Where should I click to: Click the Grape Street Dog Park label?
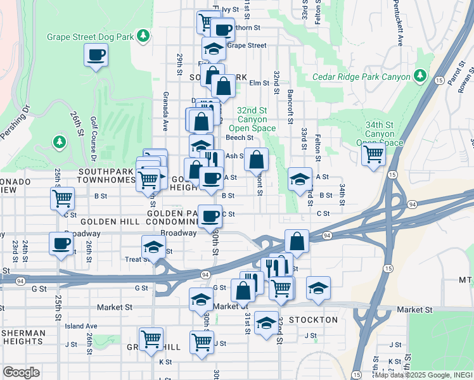91,37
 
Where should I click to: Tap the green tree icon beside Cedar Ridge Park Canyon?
420,77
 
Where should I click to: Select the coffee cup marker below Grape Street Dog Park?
96,55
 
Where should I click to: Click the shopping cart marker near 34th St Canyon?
374,153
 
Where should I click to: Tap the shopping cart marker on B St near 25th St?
62,198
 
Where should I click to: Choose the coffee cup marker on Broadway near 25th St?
61,243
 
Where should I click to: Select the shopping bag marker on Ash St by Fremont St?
256,160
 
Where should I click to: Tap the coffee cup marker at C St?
210,216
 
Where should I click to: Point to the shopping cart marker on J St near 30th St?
202,341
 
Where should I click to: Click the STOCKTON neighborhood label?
313,320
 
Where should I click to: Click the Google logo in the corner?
21,372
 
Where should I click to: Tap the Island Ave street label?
81,326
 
